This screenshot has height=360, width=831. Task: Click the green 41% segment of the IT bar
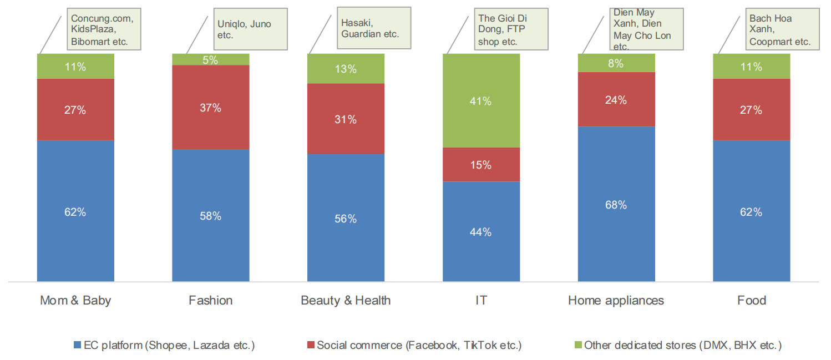pyautogui.click(x=481, y=101)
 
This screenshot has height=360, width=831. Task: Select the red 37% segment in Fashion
pyautogui.click(x=211, y=108)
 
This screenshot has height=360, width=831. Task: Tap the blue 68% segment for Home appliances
pyautogui.click(x=616, y=204)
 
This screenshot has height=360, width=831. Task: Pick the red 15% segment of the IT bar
pyautogui.click(x=481, y=165)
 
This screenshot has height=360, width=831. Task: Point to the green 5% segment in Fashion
pyautogui.click(x=211, y=59)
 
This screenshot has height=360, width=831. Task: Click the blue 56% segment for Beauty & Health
pyautogui.click(x=346, y=218)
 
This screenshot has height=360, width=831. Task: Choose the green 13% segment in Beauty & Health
pyautogui.click(x=346, y=69)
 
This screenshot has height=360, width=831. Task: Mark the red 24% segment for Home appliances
pyautogui.click(x=616, y=100)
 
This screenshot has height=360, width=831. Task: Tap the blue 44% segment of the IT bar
pyautogui.click(x=481, y=232)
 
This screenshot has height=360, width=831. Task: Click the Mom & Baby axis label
pyautogui.click(x=75, y=301)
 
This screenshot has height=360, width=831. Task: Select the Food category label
pyautogui.click(x=752, y=301)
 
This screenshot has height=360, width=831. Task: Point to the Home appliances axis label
pyautogui.click(x=616, y=301)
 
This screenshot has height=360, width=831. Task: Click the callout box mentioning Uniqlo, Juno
pyautogui.click(x=245, y=29)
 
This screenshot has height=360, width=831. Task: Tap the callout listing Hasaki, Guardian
pyautogui.click(x=373, y=28)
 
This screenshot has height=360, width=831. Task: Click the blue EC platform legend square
pyautogui.click(x=77, y=346)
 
